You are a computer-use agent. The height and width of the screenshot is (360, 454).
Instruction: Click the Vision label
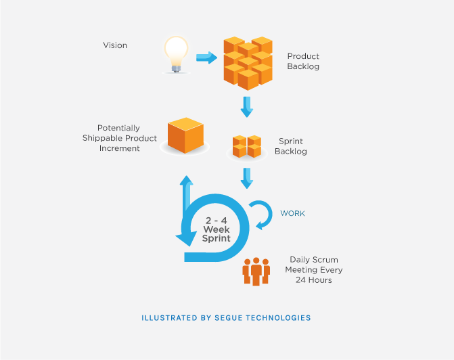115,45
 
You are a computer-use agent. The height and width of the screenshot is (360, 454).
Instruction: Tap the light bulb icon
176,54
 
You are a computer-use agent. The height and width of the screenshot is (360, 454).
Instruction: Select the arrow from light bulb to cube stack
207,58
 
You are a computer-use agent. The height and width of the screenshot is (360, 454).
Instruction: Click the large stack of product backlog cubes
248,63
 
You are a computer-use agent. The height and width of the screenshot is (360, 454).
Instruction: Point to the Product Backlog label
303,61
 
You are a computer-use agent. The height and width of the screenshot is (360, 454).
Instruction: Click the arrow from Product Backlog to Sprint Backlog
247,107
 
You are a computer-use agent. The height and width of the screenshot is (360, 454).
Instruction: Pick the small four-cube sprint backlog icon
247,146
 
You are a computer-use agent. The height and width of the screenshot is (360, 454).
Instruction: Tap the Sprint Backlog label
291,146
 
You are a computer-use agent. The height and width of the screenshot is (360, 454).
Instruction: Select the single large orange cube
185,135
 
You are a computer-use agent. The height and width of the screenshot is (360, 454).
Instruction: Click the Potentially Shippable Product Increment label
120,138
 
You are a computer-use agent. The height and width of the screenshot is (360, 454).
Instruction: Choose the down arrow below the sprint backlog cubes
247,178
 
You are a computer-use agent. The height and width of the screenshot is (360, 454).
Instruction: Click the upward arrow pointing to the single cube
187,193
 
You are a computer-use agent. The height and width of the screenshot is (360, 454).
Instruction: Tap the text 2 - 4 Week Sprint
217,229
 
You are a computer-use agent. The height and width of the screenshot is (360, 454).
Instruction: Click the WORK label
292,213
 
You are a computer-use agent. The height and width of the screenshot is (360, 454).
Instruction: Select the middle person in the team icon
256,271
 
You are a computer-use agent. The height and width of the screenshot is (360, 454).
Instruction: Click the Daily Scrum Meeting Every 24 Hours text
314,269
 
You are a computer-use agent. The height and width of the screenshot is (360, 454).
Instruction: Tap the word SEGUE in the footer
229,318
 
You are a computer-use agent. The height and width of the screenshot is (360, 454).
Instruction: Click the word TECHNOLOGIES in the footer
278,318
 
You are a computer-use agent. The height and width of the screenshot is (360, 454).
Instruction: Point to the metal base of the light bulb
176,68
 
